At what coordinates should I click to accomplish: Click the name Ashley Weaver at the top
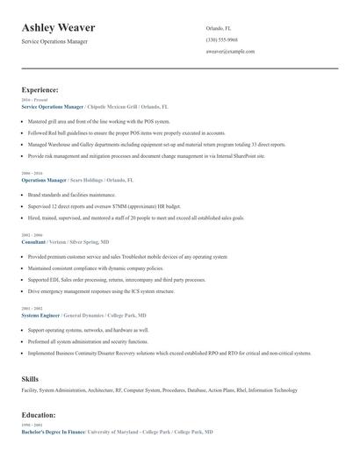pos(59,28)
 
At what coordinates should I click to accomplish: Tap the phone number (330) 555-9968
pos(221,40)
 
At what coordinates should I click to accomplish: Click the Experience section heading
pos(40,90)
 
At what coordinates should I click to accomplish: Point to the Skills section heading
pos(30,378)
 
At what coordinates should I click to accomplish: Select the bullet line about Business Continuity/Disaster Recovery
pos(169,353)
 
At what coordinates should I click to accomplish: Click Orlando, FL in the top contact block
pos(219,28)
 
